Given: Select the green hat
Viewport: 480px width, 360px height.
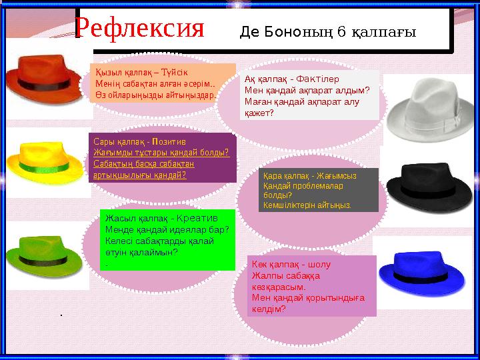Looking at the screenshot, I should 43,250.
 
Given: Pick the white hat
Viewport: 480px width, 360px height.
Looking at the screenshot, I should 427,107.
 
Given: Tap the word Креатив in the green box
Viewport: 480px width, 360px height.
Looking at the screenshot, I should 198,218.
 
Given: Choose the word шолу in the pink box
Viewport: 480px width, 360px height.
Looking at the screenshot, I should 319,264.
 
